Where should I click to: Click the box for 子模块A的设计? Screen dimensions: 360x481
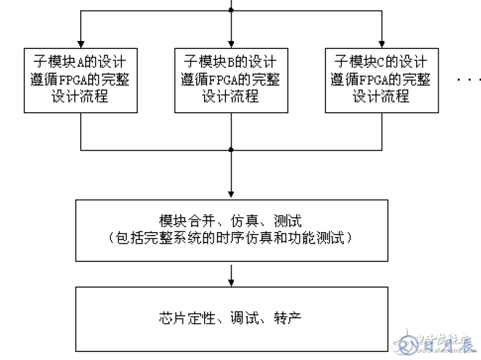point(80,80)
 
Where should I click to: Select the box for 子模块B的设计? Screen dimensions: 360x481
point(230,80)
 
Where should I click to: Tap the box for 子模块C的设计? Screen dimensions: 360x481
point(381,80)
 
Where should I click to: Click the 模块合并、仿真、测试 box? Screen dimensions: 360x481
point(230,230)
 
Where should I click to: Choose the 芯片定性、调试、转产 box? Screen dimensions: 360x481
point(230,318)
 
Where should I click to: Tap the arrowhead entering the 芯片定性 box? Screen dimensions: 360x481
point(231,282)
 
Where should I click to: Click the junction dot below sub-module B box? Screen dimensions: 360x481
point(231,149)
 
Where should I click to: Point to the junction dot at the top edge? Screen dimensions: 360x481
point(231,10)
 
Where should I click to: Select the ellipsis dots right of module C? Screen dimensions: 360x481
point(468,80)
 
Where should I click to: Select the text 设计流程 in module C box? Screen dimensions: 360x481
point(381,96)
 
